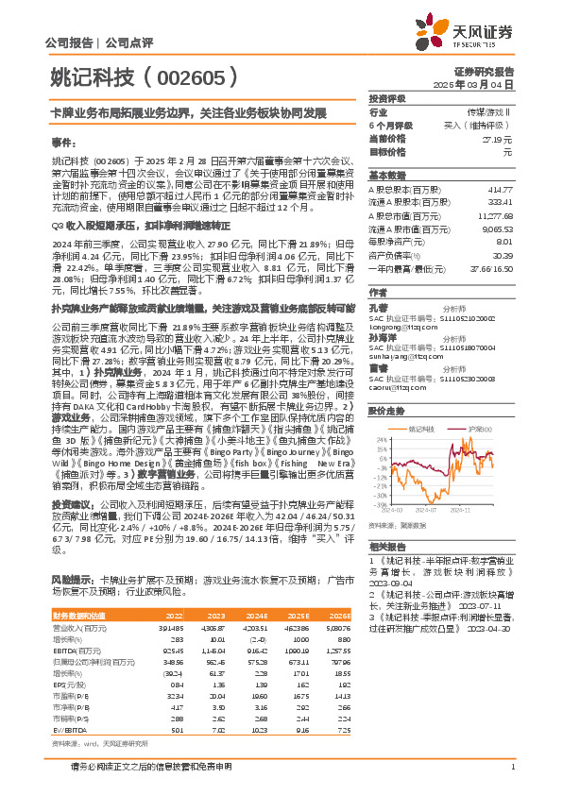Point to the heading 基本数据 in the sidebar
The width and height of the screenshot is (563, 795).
click(x=386, y=177)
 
